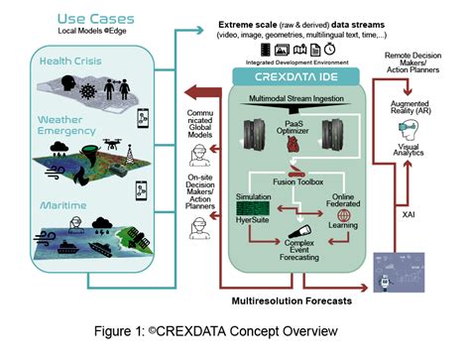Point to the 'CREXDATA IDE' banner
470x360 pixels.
(288, 75)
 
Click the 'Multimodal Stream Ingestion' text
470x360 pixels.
(289, 96)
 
